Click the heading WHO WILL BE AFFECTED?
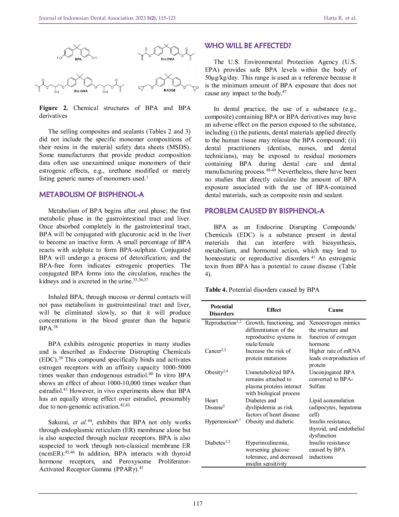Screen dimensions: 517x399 (x=248, y=46)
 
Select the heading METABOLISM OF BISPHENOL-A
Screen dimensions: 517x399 (x=91, y=195)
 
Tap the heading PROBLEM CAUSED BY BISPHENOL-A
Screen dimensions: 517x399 (x=264, y=211)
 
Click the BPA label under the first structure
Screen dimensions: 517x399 (x=78, y=59)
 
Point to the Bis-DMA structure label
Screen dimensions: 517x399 (x=167, y=59)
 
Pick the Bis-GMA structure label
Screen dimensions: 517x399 (x=81, y=91)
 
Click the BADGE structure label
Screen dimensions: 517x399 (x=169, y=90)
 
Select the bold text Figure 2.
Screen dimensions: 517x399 (x=53, y=108)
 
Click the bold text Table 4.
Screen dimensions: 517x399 (x=216, y=290)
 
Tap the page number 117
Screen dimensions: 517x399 (x=198, y=504)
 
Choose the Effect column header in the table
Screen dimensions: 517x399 (x=274, y=310)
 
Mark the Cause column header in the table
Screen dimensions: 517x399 (x=335, y=310)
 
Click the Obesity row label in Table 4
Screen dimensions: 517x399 (x=214, y=373)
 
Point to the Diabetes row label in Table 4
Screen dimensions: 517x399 (x=215, y=443)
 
